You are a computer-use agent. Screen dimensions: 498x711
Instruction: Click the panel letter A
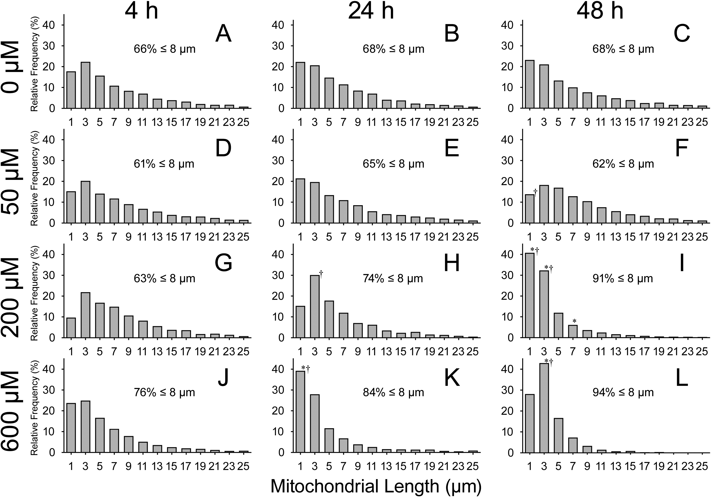point(223,34)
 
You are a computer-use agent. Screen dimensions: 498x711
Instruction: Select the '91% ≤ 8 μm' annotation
point(623,279)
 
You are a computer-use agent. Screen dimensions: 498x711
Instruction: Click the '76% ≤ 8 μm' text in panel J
point(164,393)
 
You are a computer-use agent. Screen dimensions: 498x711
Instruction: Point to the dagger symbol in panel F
point(535,191)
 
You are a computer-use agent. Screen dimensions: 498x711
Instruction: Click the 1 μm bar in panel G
point(71,328)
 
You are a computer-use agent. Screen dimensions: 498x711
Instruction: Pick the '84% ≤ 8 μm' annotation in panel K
point(393,393)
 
